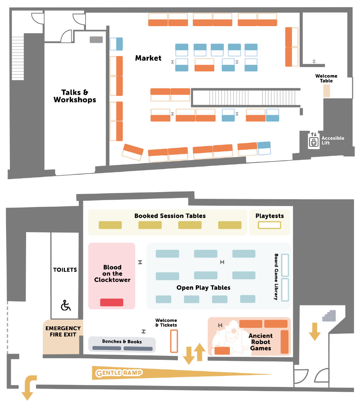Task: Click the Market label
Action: (148, 58)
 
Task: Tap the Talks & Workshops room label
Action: (75, 96)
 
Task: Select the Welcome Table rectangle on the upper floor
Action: (326, 91)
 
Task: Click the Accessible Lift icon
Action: (314, 142)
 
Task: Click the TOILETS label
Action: (65, 270)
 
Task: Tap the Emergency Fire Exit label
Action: (63, 331)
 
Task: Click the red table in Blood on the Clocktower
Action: (112, 302)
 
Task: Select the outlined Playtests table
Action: (269, 225)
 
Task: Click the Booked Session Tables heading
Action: (170, 216)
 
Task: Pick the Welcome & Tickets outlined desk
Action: (174, 341)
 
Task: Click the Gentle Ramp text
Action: (119, 373)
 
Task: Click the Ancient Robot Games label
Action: (260, 342)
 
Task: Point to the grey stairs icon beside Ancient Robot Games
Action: (329, 316)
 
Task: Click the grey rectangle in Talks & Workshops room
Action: (96, 40)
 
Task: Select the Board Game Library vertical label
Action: (276, 277)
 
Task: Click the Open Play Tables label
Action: (203, 288)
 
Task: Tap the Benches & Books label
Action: (122, 341)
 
